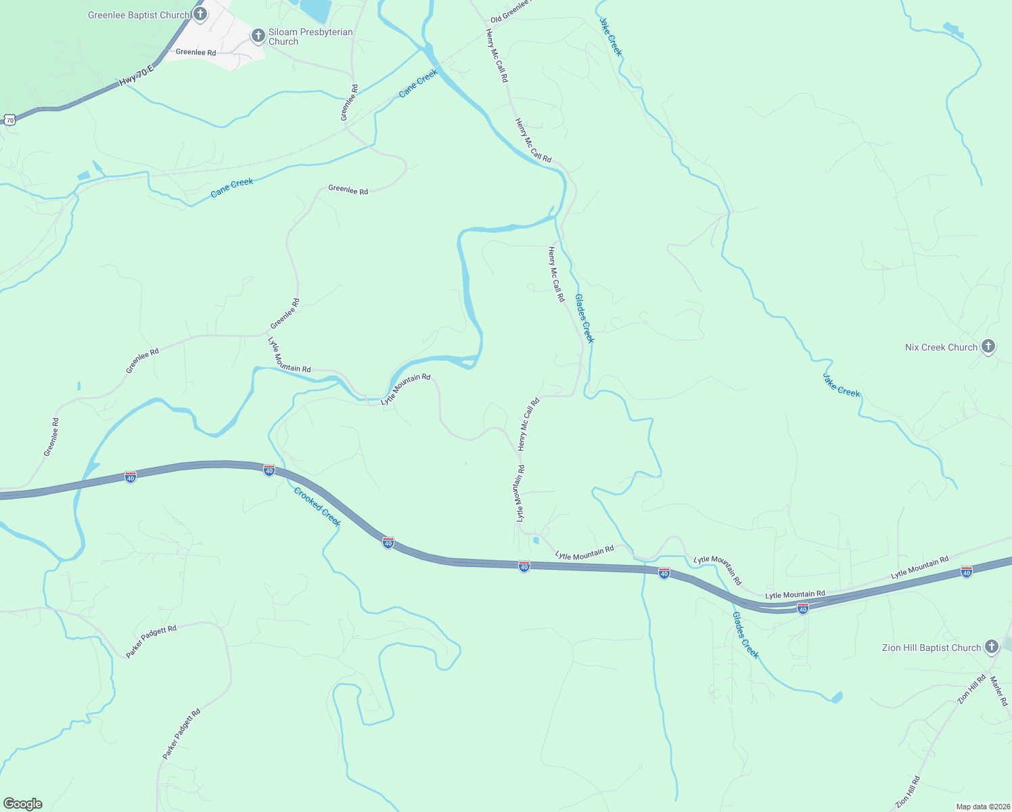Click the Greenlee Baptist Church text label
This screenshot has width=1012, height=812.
[x=139, y=15]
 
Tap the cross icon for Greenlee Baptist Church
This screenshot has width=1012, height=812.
[x=200, y=14]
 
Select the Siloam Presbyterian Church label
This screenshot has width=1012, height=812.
[x=310, y=37]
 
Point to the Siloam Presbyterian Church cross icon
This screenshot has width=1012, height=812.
[x=258, y=35]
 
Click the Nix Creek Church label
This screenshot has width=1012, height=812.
[x=941, y=347]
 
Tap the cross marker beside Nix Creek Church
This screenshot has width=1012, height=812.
[x=988, y=346]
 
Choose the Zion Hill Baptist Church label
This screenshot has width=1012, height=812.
[x=931, y=648]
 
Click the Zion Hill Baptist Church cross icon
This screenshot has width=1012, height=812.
[x=991, y=646]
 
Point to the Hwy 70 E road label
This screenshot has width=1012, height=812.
[x=137, y=76]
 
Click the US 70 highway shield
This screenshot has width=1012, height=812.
[x=9, y=120]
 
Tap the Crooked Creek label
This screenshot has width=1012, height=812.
[x=317, y=507]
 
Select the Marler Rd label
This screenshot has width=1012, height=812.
[x=998, y=691]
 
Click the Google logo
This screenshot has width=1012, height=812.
[x=22, y=804]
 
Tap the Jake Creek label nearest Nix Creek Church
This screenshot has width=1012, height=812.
[x=841, y=384]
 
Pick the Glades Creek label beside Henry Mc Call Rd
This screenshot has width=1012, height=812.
[x=584, y=318]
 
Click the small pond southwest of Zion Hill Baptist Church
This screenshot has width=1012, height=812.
[x=837, y=696]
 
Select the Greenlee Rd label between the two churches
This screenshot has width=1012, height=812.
[x=195, y=52]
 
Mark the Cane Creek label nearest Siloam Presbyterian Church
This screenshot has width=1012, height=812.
[x=418, y=83]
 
